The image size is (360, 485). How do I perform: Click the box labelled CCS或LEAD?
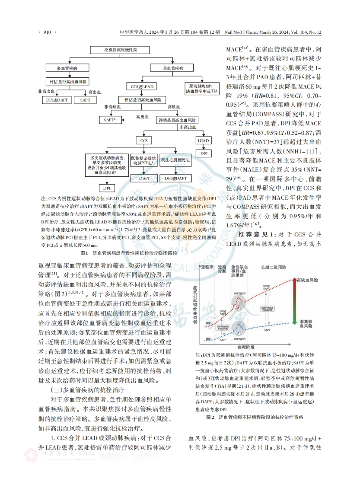click(x=143, y=87)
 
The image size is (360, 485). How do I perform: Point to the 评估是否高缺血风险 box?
click(x=143, y=99)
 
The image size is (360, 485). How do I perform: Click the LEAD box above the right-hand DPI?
click(x=203, y=140)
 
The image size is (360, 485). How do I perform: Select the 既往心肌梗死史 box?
click(x=175, y=160)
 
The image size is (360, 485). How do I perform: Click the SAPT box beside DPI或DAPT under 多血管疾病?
click(x=85, y=99)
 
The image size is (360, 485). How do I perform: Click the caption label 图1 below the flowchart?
click(x=83, y=252)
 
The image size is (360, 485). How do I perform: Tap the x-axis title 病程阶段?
click(x=246, y=347)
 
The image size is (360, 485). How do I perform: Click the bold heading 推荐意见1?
click(x=254, y=234)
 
